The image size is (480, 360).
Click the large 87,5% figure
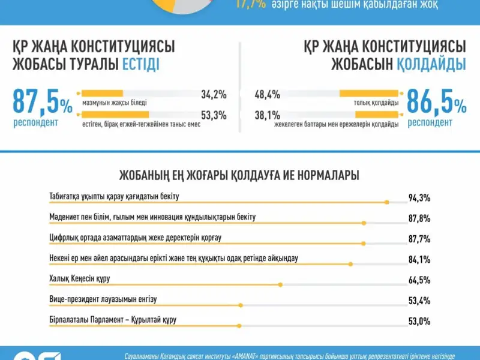point(42,103)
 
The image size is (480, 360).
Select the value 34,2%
point(214,94)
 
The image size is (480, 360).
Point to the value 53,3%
point(214,115)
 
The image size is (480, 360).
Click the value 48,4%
point(267,94)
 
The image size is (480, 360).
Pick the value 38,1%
point(267,115)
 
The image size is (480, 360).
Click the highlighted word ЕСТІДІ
point(141,65)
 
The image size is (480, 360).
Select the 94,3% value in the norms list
point(419,198)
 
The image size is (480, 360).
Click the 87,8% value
point(419,218)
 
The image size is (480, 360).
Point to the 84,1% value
point(419,259)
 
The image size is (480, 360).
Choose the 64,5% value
point(419,280)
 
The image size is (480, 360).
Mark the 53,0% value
point(419,322)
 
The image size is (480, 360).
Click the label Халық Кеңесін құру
point(80,278)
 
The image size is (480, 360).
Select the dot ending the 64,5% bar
point(280,284)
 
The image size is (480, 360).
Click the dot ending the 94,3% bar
point(386,202)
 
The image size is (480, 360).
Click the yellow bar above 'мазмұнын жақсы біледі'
point(102,94)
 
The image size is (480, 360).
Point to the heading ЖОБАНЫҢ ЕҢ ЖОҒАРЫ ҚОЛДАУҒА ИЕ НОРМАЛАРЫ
point(240,175)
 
